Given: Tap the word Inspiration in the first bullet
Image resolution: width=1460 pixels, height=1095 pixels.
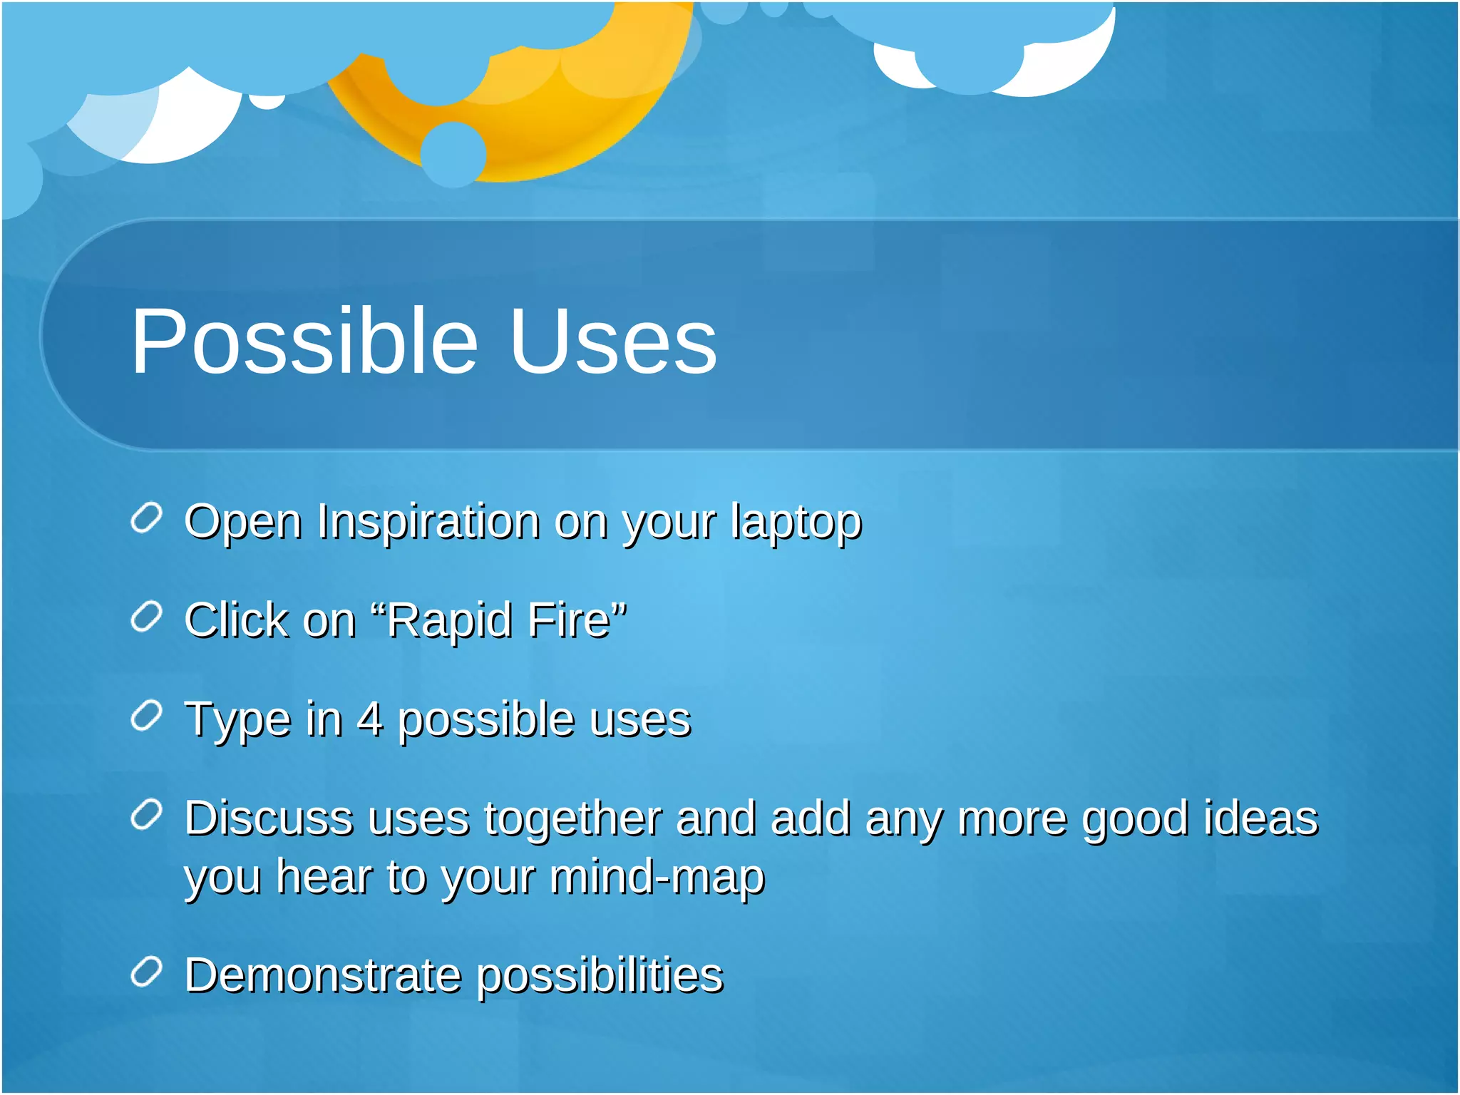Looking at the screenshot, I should (428, 522).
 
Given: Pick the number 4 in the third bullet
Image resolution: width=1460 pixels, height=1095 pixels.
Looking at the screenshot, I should (369, 719).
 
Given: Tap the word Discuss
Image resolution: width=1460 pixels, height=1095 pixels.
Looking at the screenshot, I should (269, 818).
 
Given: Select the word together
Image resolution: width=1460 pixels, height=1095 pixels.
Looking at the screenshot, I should (572, 819).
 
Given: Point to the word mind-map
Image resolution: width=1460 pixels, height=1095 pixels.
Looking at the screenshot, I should (657, 878).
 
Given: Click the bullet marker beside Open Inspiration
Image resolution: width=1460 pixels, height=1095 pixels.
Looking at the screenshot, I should (147, 518).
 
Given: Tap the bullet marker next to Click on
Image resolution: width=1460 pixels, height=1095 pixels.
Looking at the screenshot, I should (147, 617).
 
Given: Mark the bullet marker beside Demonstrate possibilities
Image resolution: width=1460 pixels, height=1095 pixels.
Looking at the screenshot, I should (147, 972).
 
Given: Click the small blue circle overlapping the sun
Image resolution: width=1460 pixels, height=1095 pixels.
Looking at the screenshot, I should (453, 154).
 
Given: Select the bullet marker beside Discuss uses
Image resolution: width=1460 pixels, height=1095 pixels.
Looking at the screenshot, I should (147, 815).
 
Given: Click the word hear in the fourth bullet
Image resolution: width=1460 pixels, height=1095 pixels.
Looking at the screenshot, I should (324, 876).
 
